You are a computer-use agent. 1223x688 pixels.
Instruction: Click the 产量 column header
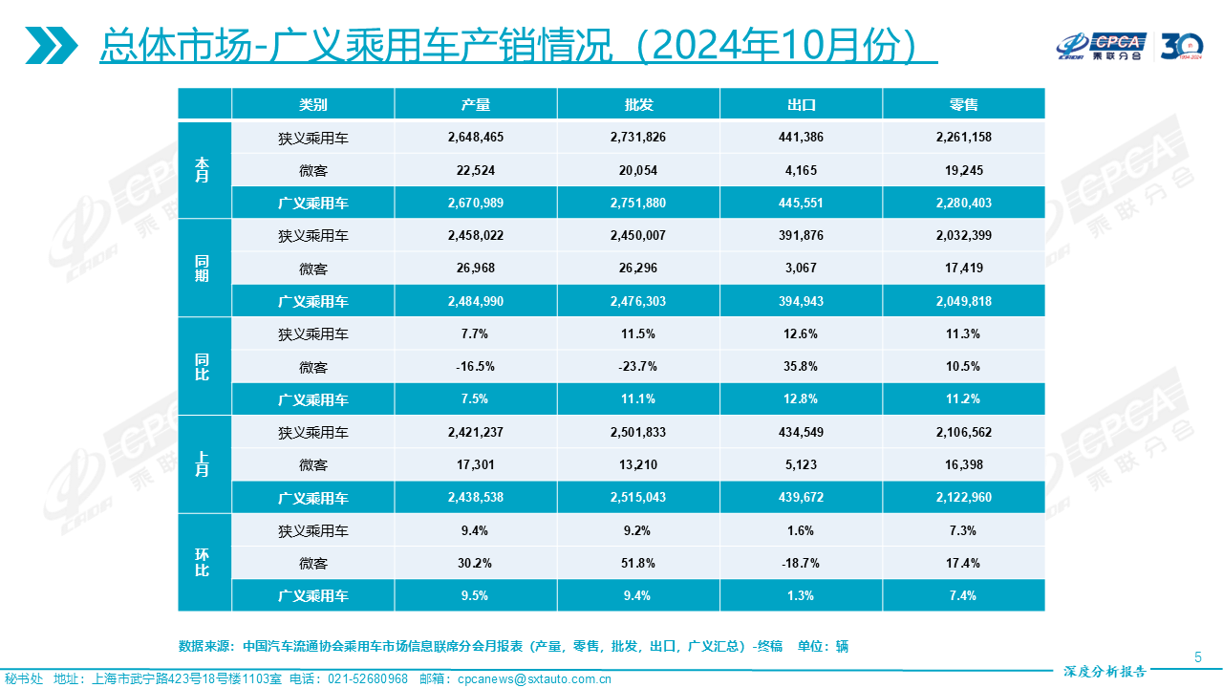point(475,104)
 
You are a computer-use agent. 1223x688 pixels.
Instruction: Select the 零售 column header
point(964,104)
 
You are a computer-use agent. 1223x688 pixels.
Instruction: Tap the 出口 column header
point(801,104)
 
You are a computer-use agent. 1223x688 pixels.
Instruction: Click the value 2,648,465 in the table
point(475,137)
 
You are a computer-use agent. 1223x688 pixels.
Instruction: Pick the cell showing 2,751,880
point(637,202)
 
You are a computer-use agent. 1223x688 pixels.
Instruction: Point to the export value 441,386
point(801,137)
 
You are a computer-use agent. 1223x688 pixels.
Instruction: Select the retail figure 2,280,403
point(964,202)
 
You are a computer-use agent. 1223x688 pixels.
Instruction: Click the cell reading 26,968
point(475,268)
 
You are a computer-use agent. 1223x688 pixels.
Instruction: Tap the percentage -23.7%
point(637,367)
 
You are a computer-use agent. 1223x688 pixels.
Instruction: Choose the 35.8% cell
point(801,367)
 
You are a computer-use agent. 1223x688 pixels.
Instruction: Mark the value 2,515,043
point(637,498)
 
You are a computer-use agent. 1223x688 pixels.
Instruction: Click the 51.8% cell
point(637,563)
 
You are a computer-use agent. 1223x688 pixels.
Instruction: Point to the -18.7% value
point(801,563)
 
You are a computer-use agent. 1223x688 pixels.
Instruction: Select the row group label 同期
point(202,269)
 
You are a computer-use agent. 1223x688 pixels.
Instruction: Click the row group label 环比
point(202,563)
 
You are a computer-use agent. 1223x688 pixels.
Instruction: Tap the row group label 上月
point(202,464)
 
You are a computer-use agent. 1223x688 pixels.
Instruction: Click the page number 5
point(1198,656)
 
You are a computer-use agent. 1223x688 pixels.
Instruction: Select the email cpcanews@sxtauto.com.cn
point(534,679)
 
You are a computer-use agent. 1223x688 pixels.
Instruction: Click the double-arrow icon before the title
point(52,45)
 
